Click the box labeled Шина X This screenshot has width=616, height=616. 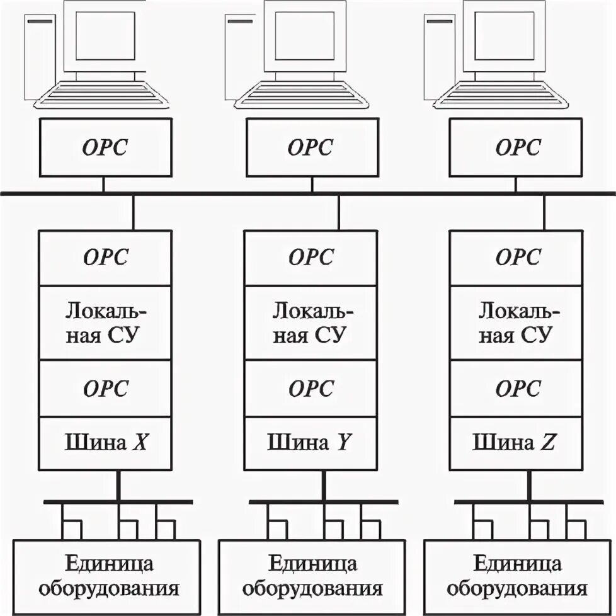[105, 443]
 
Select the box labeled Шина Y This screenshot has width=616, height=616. [311, 443]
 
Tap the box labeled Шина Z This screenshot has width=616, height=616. [516, 443]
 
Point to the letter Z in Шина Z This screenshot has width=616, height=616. [549, 443]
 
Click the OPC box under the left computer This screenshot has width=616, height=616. [105, 147]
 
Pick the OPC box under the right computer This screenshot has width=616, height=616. [516, 147]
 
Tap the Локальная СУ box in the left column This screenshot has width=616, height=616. [105, 322]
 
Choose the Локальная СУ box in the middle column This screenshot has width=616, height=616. [311, 322]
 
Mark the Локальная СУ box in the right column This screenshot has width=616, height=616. [516, 322]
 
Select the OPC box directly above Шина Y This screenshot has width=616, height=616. [311, 388]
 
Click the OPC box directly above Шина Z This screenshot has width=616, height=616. [516, 388]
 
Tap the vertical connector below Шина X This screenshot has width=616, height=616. [118, 485]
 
